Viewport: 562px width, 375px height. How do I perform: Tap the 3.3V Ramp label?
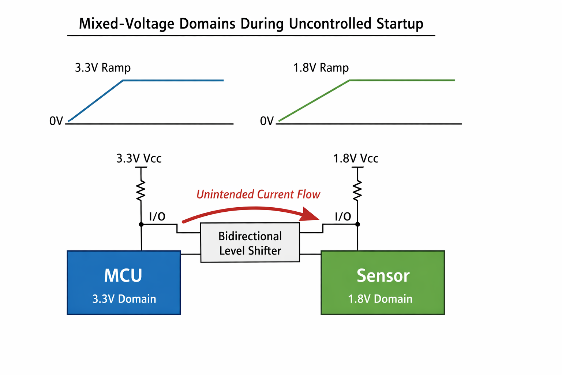pyautogui.click(x=102, y=68)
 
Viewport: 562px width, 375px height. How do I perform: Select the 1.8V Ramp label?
pyautogui.click(x=321, y=68)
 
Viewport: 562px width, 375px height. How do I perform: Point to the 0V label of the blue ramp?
pyautogui.click(x=56, y=121)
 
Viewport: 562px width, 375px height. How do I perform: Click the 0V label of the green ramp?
pyautogui.click(x=267, y=121)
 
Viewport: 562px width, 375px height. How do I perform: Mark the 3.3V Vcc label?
pyautogui.click(x=139, y=159)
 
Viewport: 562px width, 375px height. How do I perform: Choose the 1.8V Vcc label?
pyautogui.click(x=356, y=159)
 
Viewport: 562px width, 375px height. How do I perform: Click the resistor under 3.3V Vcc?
pyautogui.click(x=141, y=190)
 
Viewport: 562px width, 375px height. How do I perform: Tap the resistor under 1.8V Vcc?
pyautogui.click(x=357, y=190)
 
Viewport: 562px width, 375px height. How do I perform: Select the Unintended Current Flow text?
pyautogui.click(x=258, y=194)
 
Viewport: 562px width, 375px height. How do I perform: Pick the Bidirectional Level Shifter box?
pyautogui.click(x=250, y=243)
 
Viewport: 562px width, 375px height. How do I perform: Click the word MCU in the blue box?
pyautogui.click(x=123, y=276)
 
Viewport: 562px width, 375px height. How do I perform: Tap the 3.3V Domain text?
pyautogui.click(x=124, y=299)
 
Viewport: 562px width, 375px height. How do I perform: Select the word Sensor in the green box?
pyautogui.click(x=383, y=276)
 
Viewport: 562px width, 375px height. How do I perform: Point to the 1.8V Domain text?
pyautogui.click(x=380, y=299)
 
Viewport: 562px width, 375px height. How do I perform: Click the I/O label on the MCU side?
pyautogui.click(x=157, y=217)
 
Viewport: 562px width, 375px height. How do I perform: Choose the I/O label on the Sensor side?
pyautogui.click(x=343, y=217)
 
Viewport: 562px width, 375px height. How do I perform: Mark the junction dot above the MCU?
pyautogui.click(x=141, y=224)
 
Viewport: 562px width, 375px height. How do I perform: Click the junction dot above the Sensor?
pyautogui.click(x=358, y=224)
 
